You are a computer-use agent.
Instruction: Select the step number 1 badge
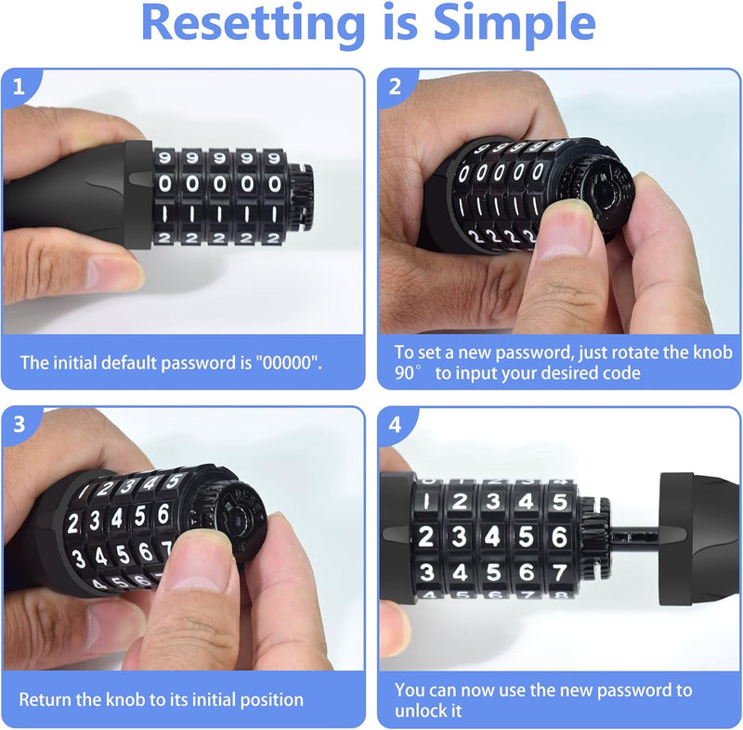click(19, 86)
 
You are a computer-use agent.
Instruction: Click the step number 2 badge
click(396, 86)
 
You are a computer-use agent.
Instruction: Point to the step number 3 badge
click(19, 425)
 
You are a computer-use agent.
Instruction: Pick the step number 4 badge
click(396, 425)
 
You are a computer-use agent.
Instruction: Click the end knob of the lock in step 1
click(300, 198)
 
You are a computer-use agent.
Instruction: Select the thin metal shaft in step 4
click(635, 538)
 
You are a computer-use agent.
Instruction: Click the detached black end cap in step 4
click(700, 538)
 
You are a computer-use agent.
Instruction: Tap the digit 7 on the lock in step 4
click(560, 573)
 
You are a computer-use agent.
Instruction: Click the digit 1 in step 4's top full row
click(426, 502)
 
